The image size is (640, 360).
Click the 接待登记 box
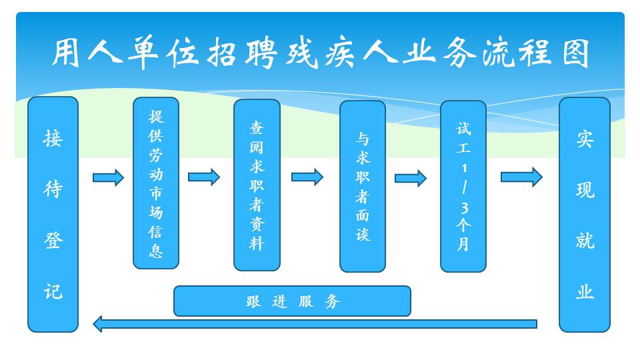point(53,214)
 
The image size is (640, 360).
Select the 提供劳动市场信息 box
point(156,183)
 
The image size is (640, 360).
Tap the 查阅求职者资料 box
point(257,185)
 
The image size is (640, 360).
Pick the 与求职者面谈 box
point(363,186)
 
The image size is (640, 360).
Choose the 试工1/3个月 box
point(463,186)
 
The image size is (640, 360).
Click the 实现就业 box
point(585,214)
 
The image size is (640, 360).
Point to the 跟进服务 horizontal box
point(292,301)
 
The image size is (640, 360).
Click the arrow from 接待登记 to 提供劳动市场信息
point(108,177)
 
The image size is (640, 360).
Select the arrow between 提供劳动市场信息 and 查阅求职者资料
point(204,177)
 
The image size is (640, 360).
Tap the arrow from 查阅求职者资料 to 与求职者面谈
point(307,177)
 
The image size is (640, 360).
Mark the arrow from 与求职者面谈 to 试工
point(410,179)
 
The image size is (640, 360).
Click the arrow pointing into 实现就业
point(521,177)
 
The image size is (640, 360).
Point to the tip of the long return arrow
point(93,324)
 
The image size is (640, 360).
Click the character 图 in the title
point(575,53)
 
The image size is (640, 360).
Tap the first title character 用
point(66,52)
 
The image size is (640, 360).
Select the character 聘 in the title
point(261,53)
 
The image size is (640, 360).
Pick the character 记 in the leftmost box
point(53,291)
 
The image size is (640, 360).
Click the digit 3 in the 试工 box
point(464,208)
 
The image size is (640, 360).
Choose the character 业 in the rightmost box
point(585,291)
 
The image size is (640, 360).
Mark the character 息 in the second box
point(156,251)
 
